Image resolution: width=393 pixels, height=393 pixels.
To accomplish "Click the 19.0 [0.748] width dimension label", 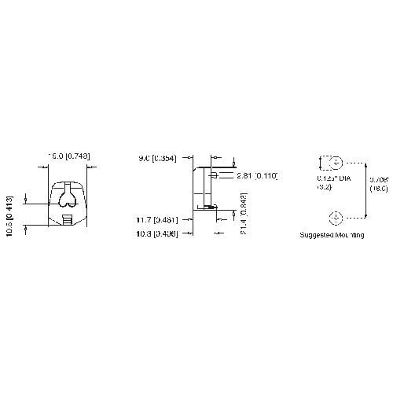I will (x=68, y=156).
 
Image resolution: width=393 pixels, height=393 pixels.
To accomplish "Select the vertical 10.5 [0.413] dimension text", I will (x=10, y=212).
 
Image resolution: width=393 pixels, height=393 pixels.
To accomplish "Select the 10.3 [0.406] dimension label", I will (x=156, y=233).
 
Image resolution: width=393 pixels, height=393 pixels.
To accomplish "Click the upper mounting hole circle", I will (x=336, y=163).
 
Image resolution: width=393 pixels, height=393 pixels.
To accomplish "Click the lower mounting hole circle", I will (x=336, y=217).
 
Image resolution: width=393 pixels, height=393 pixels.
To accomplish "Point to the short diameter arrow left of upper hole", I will (x=320, y=163).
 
